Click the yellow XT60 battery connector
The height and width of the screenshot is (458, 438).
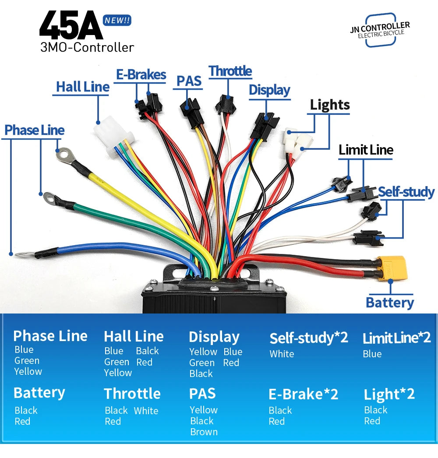coord(392,268)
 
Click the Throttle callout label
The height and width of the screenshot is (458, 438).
coord(230,71)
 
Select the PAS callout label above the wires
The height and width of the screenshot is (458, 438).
coord(189,81)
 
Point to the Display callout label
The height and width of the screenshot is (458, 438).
coord(269,90)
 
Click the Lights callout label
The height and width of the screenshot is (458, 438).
coord(330,105)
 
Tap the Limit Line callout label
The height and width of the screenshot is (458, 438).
coord(366,150)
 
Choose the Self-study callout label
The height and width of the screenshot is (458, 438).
coord(406,192)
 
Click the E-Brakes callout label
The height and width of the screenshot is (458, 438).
coord(141,75)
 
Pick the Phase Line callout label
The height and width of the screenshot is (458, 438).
coord(35,130)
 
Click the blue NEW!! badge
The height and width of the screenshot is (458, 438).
coord(117,21)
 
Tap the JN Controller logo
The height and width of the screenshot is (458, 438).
coord(380,30)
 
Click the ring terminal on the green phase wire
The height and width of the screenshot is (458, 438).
coord(50,198)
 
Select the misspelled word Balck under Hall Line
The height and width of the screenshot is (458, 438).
coord(147,351)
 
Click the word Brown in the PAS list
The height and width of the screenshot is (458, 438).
coord(204,432)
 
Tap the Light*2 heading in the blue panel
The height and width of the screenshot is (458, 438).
coord(389,395)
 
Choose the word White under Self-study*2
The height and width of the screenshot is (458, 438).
coord(282,354)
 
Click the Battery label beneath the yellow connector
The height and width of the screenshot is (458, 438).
coord(390,303)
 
